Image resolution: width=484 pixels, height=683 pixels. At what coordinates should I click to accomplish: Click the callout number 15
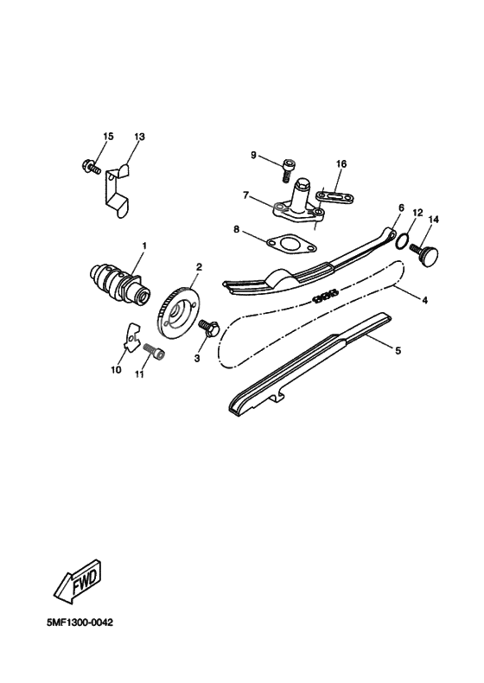108,137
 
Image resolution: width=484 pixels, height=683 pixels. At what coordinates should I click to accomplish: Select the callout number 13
140,137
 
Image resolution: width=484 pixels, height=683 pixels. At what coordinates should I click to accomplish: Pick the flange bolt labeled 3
207,329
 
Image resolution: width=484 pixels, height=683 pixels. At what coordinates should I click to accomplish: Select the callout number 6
401,208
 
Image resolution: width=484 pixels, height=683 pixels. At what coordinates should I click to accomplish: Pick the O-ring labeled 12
400,239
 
